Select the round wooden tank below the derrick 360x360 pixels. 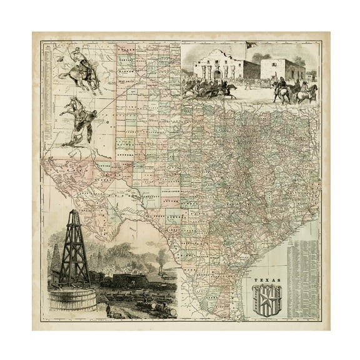point(72,299)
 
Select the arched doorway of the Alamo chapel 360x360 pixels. point(217,74)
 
